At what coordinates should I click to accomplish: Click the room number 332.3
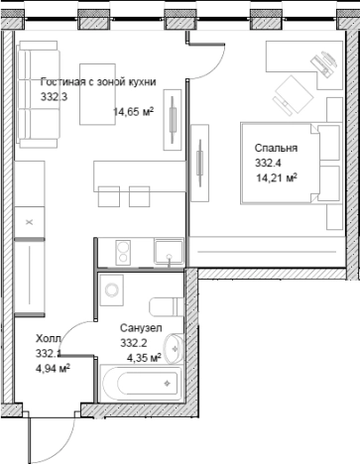tap(54, 97)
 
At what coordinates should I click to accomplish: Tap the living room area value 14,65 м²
tap(134, 112)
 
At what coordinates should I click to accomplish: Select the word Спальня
tap(276, 148)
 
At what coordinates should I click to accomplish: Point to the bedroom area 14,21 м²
tap(277, 178)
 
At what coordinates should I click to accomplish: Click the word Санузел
tap(141, 328)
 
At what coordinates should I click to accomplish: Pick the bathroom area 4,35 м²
tap(144, 357)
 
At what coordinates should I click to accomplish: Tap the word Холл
tap(49, 338)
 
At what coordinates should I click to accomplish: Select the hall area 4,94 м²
tap(53, 368)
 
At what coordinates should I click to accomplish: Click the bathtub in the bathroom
tap(141, 384)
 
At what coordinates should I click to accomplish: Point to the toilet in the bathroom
tap(167, 307)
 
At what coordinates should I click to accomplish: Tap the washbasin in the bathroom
tap(175, 348)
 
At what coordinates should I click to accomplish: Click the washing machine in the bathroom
tap(112, 290)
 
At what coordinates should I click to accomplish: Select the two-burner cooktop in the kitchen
tap(123, 253)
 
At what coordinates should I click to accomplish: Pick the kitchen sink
tap(169, 252)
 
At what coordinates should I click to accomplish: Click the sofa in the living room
tap(38, 94)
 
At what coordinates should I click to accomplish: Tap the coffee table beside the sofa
tap(97, 94)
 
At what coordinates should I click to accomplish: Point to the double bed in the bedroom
tap(291, 164)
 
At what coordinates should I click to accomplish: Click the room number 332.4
tap(268, 163)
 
